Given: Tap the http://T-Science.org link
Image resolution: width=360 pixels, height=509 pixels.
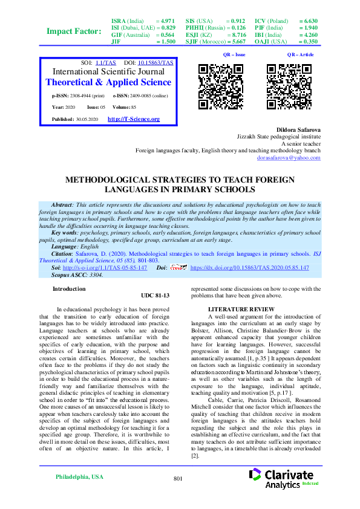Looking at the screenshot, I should pyautogui.click(x=134, y=119).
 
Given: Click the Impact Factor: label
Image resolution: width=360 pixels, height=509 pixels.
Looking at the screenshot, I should pyautogui.click(x=74, y=31).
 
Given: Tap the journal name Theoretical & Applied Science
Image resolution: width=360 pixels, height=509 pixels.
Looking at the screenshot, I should pyautogui.click(x=108, y=82).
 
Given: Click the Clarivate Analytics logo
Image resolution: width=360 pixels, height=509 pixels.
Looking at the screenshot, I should pyautogui.click(x=289, y=479).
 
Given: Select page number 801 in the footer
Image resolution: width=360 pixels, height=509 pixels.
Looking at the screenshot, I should pyautogui.click(x=178, y=479).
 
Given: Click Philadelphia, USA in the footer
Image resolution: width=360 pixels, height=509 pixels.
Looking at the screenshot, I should pyautogui.click(x=79, y=477).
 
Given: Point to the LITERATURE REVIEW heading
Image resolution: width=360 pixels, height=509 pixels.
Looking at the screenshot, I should pyautogui.click(x=233, y=310).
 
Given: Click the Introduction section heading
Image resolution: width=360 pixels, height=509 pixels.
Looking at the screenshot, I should pyautogui.click(x=69, y=289).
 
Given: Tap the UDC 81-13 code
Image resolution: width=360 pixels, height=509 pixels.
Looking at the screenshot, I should pyautogui.click(x=154, y=296).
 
